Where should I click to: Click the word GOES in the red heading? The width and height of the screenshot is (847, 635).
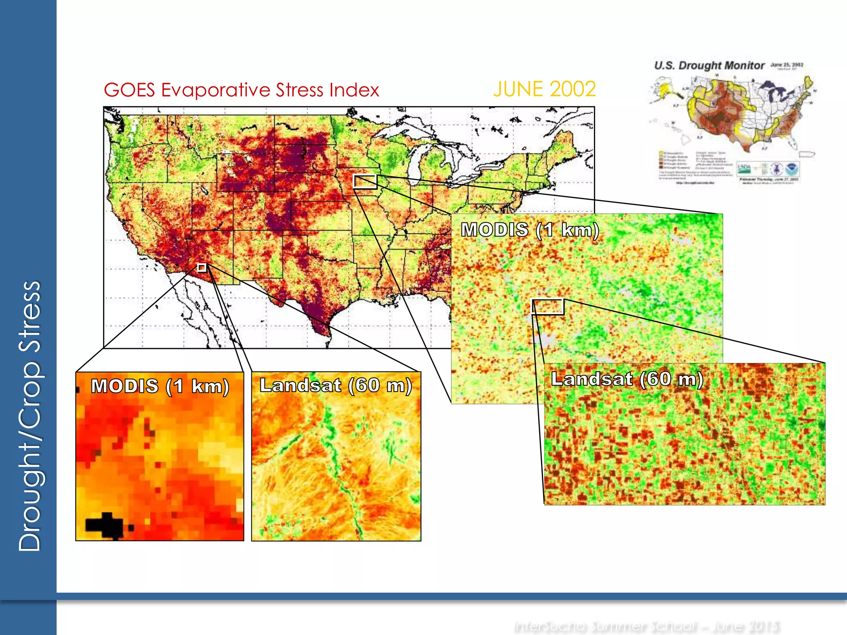coord(129,90)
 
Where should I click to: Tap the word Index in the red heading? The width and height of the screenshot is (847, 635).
coord(354,90)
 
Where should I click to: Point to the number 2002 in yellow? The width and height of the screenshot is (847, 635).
coord(573,89)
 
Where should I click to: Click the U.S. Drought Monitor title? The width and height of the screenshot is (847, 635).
coord(709,66)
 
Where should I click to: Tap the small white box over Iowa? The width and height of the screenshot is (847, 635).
coord(365,182)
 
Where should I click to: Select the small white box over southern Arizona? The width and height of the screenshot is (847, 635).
coord(202,268)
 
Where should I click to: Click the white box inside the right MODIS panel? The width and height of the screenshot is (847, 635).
coord(548,307)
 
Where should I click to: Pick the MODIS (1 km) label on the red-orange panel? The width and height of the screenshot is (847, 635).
coord(160,387)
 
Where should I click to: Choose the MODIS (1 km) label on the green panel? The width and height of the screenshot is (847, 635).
coord(530,230)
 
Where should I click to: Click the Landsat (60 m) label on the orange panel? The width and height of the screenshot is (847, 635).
coord(335,385)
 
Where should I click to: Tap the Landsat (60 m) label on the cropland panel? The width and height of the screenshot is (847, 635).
coord(627,379)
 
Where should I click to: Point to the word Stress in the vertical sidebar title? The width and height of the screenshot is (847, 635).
coord(30,316)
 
